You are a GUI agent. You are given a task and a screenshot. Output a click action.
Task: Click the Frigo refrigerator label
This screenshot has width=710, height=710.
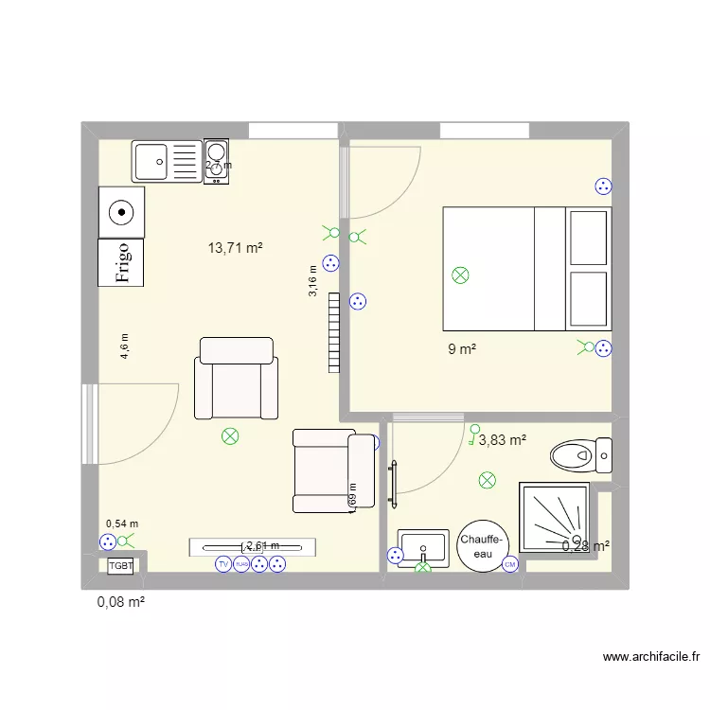(122, 262)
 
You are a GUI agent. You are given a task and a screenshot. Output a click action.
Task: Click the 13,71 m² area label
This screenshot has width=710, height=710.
(235, 249)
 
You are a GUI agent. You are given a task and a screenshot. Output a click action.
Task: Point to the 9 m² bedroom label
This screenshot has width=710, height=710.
(462, 349)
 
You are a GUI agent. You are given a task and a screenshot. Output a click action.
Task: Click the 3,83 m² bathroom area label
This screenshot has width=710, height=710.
(502, 439)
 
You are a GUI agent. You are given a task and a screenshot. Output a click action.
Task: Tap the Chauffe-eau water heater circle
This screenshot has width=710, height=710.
(483, 546)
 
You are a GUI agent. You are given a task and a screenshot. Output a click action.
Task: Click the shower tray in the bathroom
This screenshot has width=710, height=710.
(554, 518)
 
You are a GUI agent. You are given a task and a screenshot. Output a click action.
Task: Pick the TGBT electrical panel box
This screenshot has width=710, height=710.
(121, 565)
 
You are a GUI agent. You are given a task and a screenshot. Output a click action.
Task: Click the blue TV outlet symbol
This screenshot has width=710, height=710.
(223, 564)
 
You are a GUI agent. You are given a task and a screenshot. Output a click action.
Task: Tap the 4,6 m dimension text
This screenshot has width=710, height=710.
(124, 346)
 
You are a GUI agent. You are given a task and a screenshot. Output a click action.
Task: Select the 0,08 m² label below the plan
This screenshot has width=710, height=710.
(120, 600)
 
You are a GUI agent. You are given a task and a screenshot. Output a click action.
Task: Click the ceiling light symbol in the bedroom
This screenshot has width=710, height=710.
(461, 275)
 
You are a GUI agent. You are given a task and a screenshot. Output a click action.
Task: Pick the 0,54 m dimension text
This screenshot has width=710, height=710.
(121, 524)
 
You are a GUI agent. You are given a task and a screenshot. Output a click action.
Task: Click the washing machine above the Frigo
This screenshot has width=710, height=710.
(122, 212)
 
